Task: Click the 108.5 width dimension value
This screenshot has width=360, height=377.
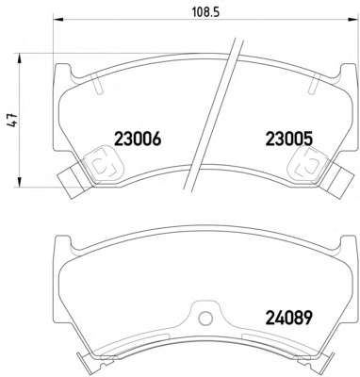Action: (x=205, y=12)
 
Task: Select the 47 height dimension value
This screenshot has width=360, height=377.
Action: (x=13, y=120)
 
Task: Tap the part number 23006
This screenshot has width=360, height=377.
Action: (x=138, y=139)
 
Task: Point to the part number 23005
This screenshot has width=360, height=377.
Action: (x=289, y=139)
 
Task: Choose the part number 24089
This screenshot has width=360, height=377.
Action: (x=289, y=318)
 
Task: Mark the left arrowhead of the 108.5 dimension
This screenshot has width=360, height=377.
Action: (x=59, y=20)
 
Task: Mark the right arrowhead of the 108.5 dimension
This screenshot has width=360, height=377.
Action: (x=353, y=20)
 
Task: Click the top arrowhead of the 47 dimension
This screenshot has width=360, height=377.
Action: (x=20, y=58)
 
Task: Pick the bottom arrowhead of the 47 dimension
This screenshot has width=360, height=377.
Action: (x=20, y=182)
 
